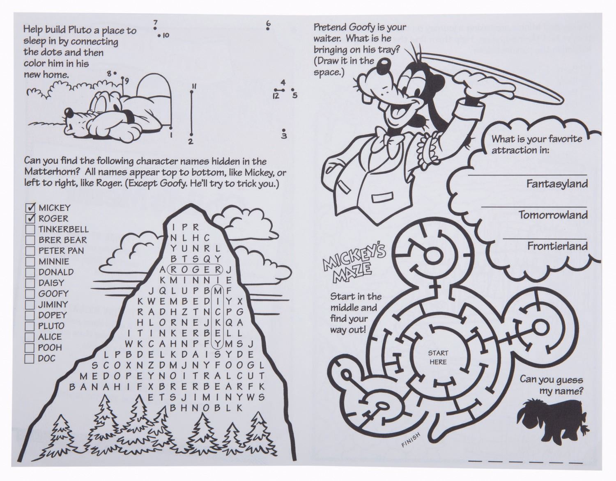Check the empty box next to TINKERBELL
click(30, 229)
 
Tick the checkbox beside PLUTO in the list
click(30, 326)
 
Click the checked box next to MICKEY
click(30, 208)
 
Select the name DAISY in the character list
click(51, 283)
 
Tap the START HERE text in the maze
click(438, 357)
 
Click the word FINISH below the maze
click(411, 440)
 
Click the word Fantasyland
click(557, 184)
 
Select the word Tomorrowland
click(553, 215)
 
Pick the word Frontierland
click(557, 246)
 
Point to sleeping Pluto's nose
click(68, 114)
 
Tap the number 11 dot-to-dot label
click(194, 87)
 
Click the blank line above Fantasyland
click(527, 175)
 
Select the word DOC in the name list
click(47, 358)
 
